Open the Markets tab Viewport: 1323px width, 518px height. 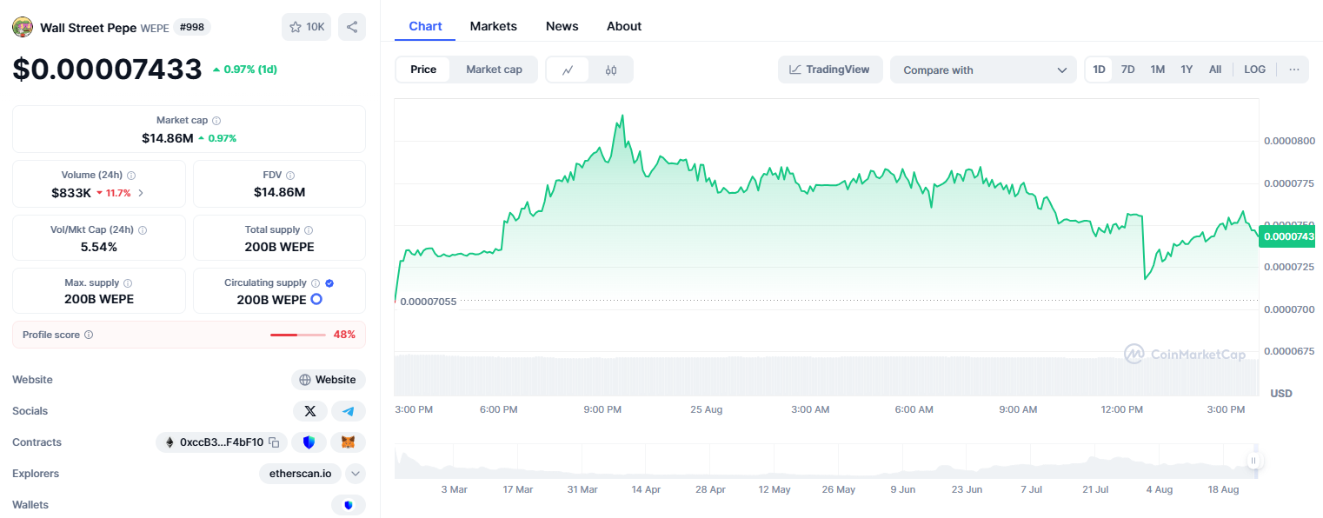(x=493, y=26)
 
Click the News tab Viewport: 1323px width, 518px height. (x=562, y=26)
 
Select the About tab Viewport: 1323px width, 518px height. (x=624, y=26)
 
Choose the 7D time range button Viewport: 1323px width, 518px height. (x=1127, y=70)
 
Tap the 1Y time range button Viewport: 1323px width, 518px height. (x=1186, y=70)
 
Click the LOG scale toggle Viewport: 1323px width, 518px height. (x=1254, y=70)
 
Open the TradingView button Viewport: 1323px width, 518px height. (x=830, y=70)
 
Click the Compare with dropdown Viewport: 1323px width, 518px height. (x=983, y=70)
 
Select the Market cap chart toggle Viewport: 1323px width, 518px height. (x=494, y=70)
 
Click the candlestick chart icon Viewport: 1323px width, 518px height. (x=611, y=70)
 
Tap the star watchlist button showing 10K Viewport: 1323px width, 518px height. (x=307, y=27)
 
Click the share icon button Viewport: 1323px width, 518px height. (x=352, y=27)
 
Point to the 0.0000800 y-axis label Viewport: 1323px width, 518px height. (x=1289, y=141)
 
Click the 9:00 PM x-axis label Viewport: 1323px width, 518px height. (x=602, y=409)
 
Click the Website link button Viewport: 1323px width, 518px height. (x=329, y=380)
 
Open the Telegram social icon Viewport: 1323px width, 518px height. (x=349, y=411)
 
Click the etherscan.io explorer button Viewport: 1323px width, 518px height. (x=300, y=474)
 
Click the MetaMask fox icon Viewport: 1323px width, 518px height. (x=348, y=442)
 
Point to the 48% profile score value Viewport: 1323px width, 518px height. (x=344, y=335)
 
